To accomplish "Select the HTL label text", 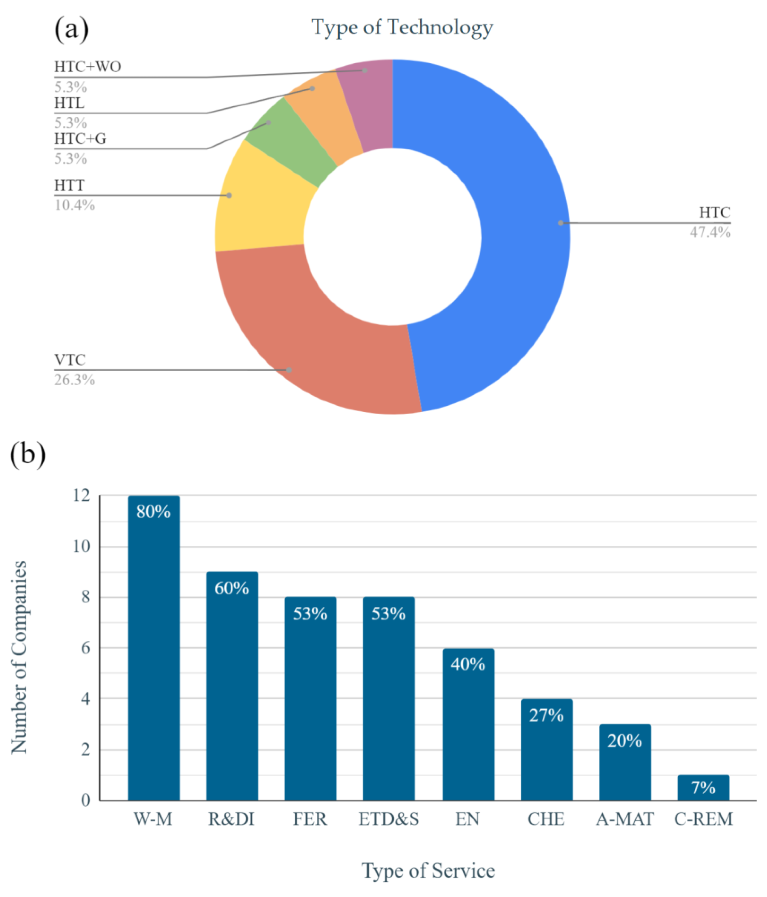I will pos(69,103).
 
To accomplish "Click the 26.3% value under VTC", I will pos(74,380).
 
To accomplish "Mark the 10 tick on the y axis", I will pos(81,546).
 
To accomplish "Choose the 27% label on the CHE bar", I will pos(546,715).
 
